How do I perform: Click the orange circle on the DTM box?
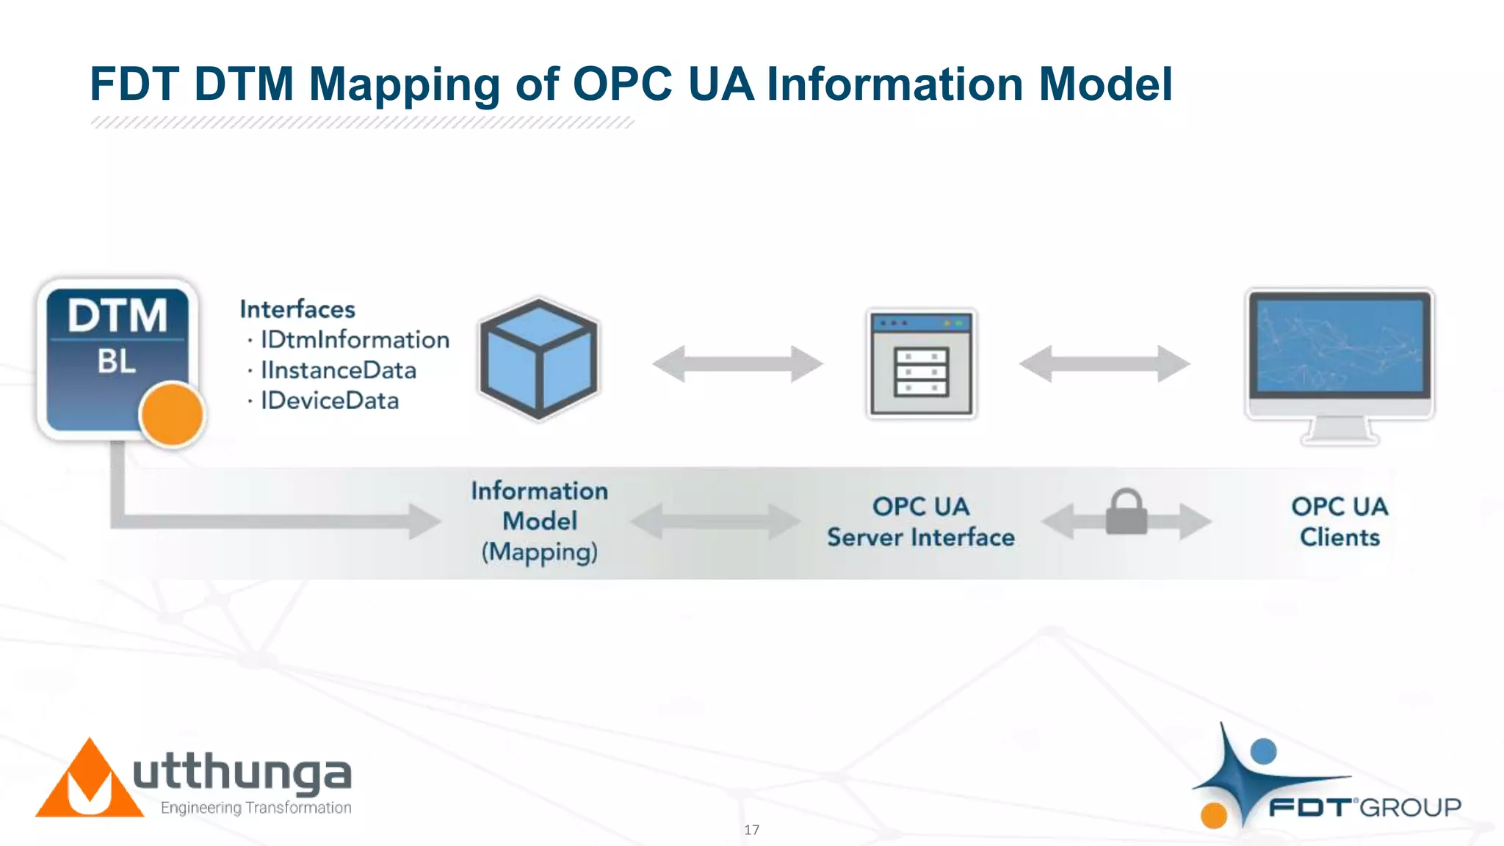172,414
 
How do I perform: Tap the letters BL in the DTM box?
117,361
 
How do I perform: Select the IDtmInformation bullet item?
355,340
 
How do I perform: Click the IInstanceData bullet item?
338,370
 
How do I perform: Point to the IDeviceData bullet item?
330,401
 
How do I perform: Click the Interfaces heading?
297,309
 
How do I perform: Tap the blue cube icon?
539,359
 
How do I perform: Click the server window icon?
921,364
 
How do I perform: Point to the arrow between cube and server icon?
737,364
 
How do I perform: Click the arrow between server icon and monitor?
1104,364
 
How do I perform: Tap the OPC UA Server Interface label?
921,522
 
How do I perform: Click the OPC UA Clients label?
1339,522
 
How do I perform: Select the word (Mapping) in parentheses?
540,552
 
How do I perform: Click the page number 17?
751,830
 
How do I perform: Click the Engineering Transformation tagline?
256,808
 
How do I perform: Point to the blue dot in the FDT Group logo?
1263,751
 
